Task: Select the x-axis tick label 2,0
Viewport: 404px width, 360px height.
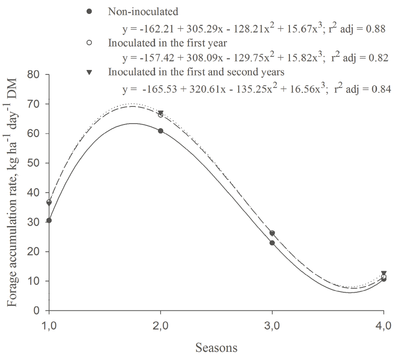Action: coord(161,326)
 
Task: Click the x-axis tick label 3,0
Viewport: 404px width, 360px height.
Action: coord(272,326)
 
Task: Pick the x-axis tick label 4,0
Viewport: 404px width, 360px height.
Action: coord(383,326)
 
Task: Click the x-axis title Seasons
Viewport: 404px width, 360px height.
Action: coord(216,348)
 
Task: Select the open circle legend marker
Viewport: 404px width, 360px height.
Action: coord(89,42)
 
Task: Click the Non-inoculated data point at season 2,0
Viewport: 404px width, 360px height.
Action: coord(161,131)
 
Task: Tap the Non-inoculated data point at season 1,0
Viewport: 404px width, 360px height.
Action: coord(49,220)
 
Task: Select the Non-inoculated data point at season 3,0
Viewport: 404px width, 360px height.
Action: coord(272,243)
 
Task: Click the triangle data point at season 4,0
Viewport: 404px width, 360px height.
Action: coord(383,273)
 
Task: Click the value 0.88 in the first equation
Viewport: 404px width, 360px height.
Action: coord(375,29)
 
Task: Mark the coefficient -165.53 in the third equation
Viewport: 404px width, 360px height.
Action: coord(159,89)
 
